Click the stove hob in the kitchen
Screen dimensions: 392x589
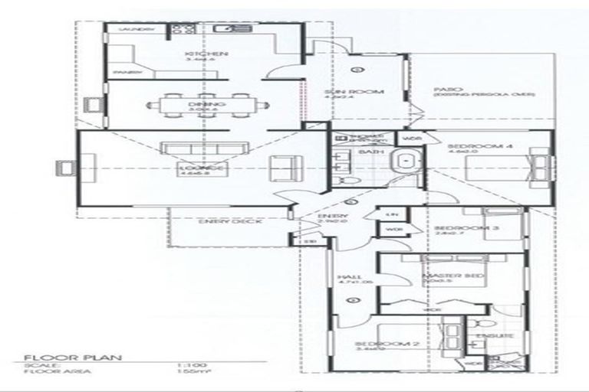(184, 31)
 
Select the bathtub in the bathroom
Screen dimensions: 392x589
(403, 162)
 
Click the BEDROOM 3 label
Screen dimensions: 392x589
(457, 228)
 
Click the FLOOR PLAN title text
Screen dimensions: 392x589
(53, 356)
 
